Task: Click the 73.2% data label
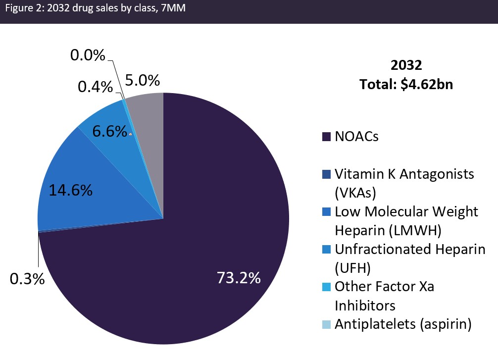point(239,278)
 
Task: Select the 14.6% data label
point(70,191)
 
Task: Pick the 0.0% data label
point(88,55)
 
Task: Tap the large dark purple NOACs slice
point(198,223)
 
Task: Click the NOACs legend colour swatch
point(326,137)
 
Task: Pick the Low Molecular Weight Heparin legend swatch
point(326,212)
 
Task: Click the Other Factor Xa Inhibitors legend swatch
point(326,287)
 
